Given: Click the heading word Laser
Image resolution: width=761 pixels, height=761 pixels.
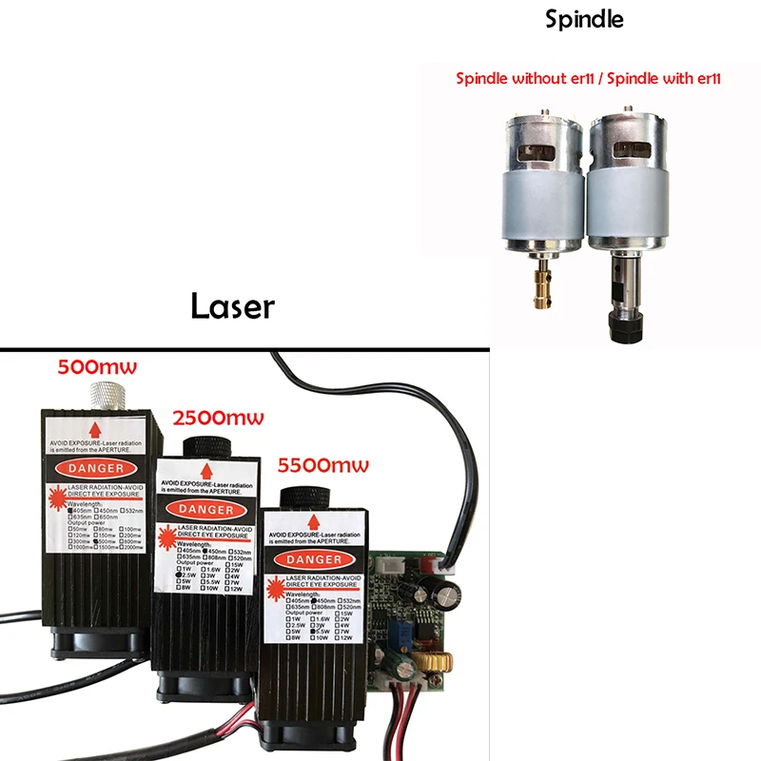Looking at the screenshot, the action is [232, 306].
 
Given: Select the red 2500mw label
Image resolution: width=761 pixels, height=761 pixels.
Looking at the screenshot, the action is [217, 417].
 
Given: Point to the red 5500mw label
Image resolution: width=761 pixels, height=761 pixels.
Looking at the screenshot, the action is [322, 466].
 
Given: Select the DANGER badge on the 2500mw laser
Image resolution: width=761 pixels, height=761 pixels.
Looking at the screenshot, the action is [206, 509].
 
